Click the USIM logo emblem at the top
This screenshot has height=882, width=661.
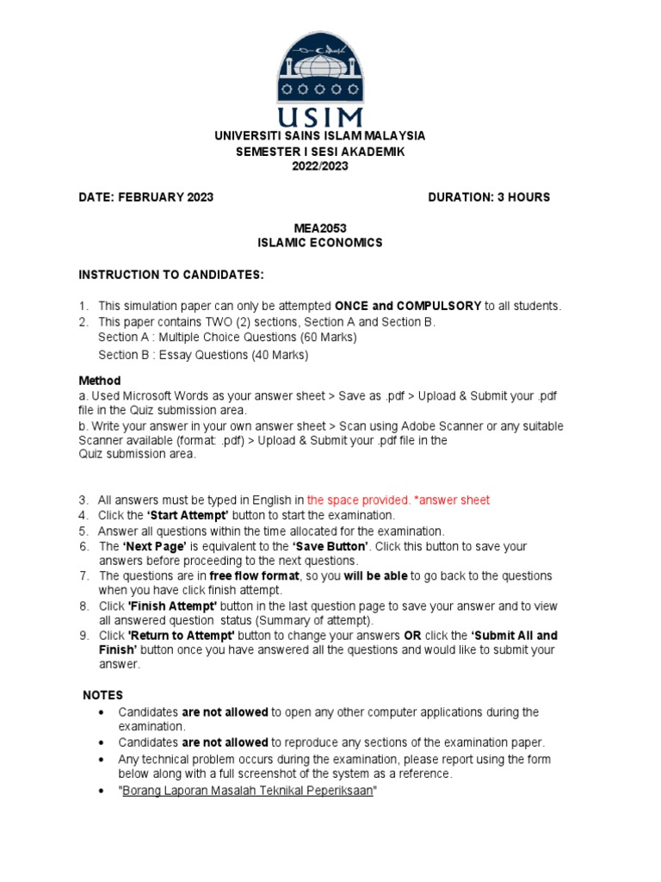point(319,78)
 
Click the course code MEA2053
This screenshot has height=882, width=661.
point(320,227)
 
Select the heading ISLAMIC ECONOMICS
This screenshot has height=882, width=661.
point(320,243)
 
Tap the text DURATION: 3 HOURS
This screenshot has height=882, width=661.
point(488,197)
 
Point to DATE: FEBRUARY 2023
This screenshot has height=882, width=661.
point(146,197)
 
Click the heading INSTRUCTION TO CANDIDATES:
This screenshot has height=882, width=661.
point(171,275)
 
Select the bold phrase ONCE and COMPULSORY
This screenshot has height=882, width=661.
point(407,306)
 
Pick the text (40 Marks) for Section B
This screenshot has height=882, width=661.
point(278,355)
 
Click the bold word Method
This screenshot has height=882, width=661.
point(100,381)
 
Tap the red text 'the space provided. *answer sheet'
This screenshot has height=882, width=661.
point(398,500)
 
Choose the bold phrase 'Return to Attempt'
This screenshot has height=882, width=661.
point(182,636)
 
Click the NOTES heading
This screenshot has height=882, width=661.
point(102,695)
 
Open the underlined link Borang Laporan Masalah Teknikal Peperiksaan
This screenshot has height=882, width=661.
point(249,790)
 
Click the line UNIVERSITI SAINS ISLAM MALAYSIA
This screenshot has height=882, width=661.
point(319,136)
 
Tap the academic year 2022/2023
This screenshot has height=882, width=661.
point(320,166)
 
